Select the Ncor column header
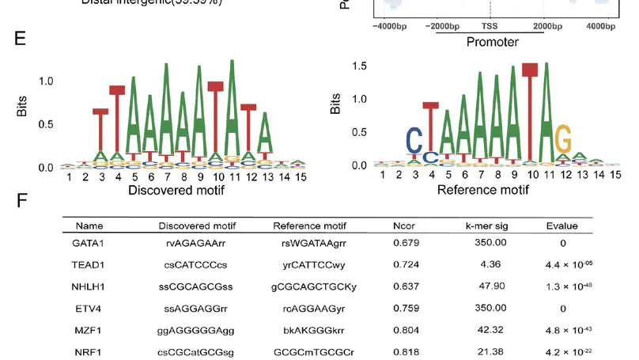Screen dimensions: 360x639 405,225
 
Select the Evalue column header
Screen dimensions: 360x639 562,225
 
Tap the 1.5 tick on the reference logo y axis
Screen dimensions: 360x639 358,66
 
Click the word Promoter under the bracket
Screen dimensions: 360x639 492,42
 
